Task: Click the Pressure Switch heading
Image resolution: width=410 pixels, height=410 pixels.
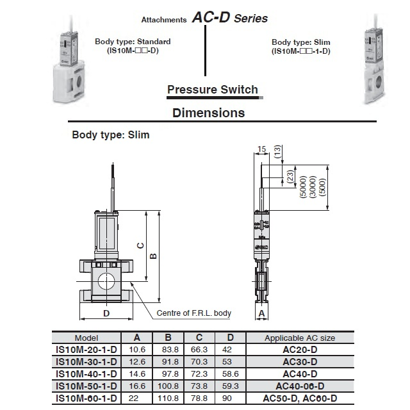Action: click(x=212, y=90)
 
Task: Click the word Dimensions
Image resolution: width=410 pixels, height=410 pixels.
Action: click(x=209, y=113)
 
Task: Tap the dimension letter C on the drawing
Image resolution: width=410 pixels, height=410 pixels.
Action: click(x=138, y=245)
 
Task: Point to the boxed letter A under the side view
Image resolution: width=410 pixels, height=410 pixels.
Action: click(x=261, y=313)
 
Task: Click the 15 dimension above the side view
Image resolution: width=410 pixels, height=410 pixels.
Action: click(x=261, y=149)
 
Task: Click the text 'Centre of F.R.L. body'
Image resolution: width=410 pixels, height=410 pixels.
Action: click(x=194, y=313)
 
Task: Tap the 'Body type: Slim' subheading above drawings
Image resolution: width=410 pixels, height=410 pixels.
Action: click(x=110, y=135)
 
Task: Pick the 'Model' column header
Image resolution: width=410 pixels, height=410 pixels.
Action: click(x=86, y=338)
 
